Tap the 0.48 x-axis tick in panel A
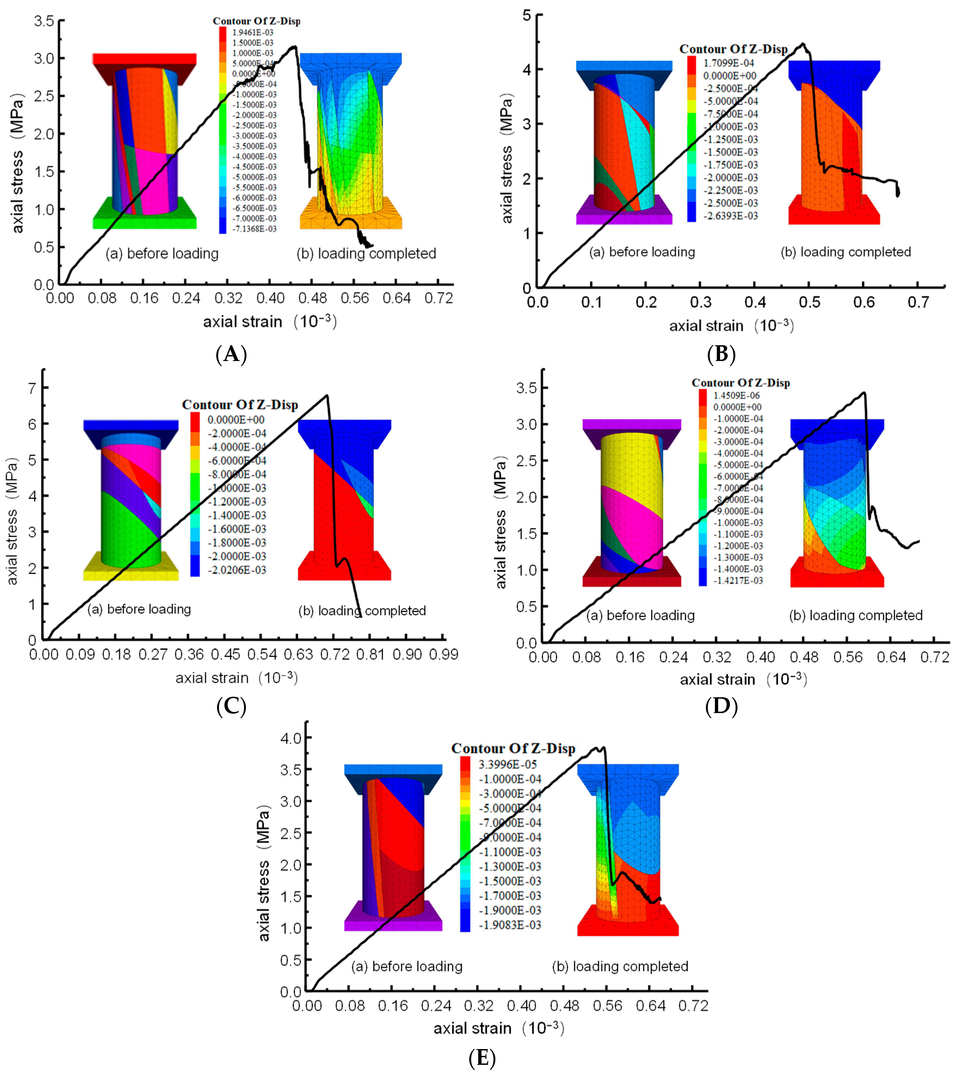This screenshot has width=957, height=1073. [x=312, y=298]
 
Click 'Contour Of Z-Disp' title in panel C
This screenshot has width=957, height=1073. [x=240, y=405]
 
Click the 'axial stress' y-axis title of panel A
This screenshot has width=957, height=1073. [x=18, y=163]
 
